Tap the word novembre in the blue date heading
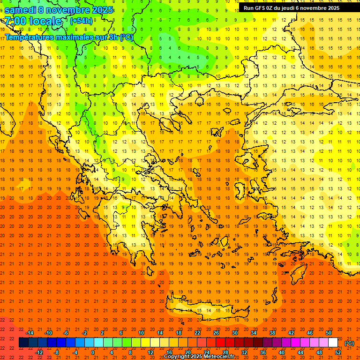70,10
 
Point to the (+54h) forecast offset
81,21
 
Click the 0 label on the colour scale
93,352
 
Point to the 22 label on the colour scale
197,333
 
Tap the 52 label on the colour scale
337,352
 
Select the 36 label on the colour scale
262,352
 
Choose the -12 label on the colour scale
39,352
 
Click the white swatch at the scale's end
333,343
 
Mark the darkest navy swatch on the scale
23,343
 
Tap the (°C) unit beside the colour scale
349,343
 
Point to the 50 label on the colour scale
329,333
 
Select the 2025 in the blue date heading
102,10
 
